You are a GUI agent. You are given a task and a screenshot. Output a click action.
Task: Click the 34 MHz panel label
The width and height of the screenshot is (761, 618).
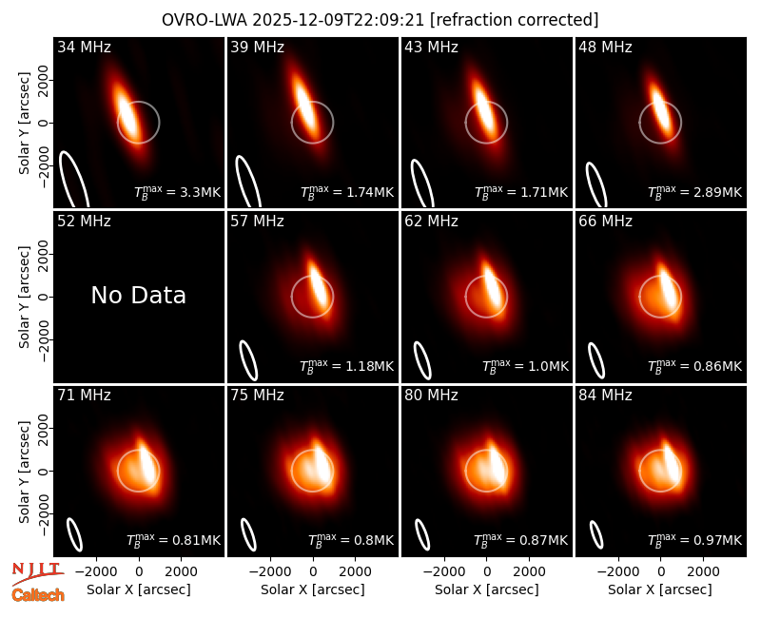point(84,47)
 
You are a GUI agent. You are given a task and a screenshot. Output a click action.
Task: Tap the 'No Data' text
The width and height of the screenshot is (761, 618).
point(138,295)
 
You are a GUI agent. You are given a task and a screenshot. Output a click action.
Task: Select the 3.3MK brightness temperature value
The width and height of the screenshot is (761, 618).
point(200,192)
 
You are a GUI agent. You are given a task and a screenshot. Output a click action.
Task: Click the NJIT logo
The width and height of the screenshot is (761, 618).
point(37,573)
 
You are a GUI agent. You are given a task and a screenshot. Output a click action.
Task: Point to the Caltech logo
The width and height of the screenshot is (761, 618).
point(38,595)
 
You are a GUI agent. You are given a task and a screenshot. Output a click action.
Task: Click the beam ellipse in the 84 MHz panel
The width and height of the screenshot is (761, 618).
point(596,534)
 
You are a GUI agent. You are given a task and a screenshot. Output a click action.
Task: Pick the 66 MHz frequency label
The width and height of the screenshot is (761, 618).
point(605,222)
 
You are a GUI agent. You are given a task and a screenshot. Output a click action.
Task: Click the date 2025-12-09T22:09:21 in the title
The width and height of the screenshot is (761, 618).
point(338,20)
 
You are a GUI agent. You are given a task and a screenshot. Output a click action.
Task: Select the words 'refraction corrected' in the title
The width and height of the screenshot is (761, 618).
point(514,20)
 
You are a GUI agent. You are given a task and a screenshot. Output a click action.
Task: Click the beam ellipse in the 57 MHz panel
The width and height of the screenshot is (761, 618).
point(248,360)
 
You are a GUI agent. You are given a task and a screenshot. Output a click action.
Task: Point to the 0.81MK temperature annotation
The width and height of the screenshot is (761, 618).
point(196,540)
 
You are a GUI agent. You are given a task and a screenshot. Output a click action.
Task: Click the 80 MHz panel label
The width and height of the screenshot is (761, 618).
point(431,396)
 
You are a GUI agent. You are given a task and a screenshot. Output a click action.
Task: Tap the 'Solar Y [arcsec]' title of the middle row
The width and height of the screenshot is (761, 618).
point(24,297)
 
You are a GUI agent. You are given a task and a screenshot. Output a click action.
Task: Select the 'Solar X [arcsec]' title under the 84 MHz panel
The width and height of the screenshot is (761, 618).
point(660,589)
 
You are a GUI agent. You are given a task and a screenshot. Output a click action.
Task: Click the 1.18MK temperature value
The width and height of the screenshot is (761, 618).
point(370,366)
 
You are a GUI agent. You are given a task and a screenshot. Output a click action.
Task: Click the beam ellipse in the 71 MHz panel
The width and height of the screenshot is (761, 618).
point(74,534)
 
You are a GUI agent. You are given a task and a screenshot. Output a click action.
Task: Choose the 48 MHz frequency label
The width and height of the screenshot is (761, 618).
point(605,47)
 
